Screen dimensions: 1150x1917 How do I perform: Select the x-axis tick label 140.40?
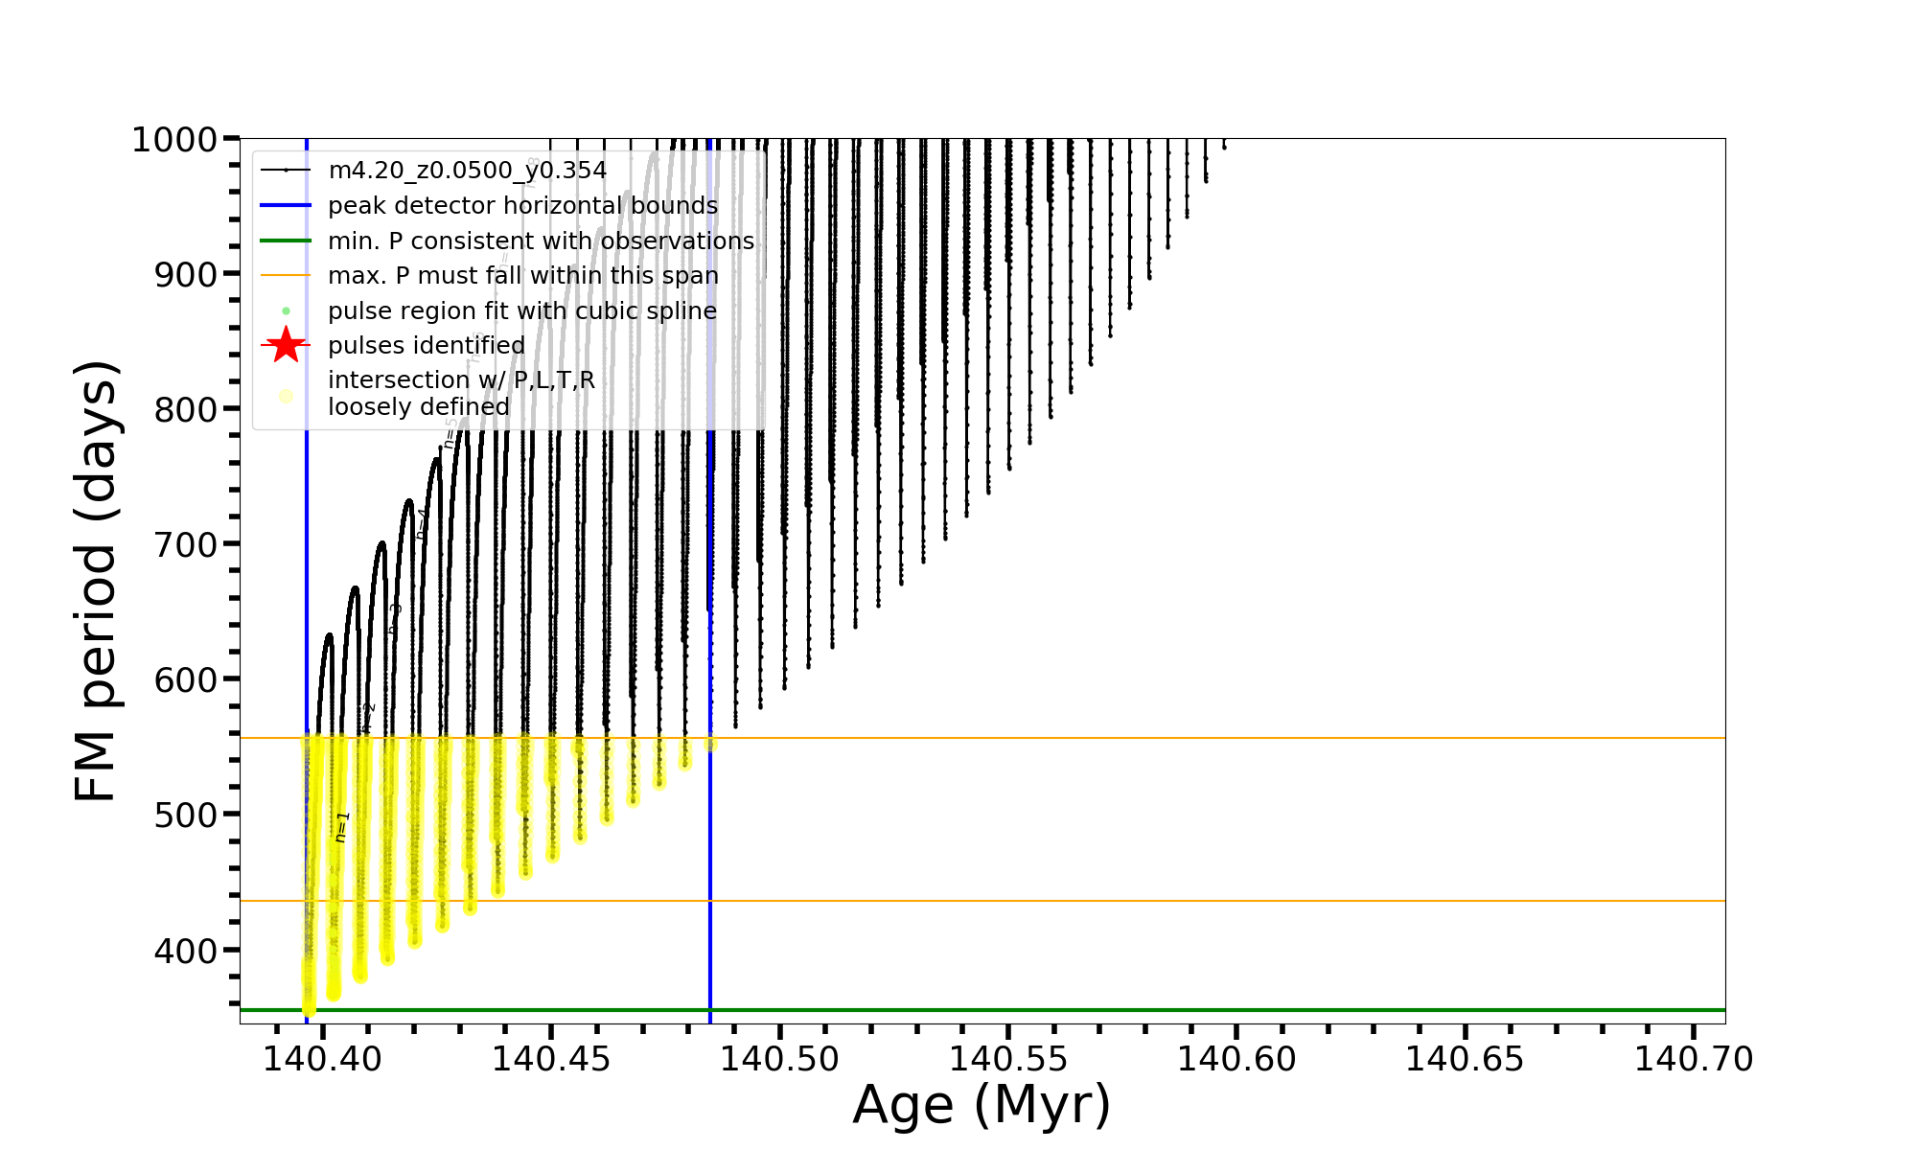[x=323, y=1059]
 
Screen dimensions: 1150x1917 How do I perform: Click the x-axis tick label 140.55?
[x=1008, y=1059]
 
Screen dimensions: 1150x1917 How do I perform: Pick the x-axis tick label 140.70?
[x=1694, y=1059]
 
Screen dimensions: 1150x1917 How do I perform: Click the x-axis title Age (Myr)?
[x=982, y=1105]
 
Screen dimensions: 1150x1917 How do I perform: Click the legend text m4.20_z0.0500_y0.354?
[x=467, y=171]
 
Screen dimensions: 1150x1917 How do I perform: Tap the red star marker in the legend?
[x=286, y=345]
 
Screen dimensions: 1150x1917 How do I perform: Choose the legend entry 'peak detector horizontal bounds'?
[x=522, y=206]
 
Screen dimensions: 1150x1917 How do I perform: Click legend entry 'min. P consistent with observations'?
[x=541, y=241]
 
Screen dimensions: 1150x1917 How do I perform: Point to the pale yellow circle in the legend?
[x=286, y=396]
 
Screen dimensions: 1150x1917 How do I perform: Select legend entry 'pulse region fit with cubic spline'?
[x=521, y=310]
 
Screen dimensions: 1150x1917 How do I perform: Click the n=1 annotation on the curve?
[x=342, y=827]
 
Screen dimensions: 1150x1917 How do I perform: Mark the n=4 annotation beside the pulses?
[x=422, y=524]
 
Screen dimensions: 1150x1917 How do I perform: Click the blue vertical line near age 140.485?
[x=710, y=862]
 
